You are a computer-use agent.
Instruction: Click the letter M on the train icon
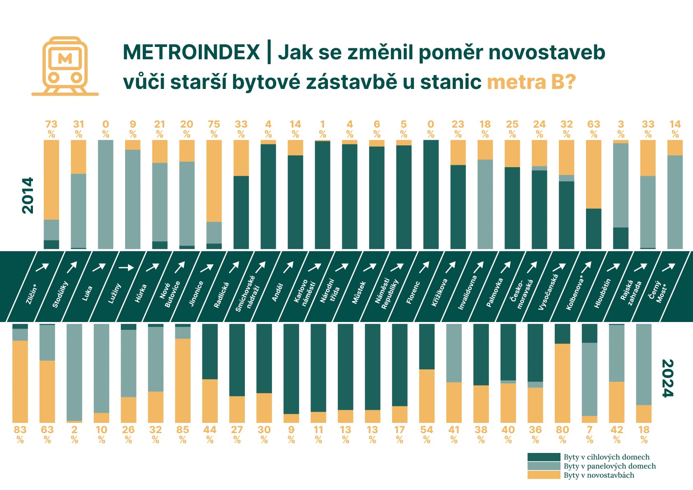(65, 58)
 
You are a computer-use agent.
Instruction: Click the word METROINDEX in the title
(191, 52)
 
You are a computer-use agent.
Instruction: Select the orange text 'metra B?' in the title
(531, 82)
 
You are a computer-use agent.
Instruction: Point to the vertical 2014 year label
(28, 195)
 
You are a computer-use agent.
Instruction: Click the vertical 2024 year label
(667, 378)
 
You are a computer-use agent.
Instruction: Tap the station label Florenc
(413, 292)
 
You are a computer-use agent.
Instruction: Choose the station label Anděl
(277, 292)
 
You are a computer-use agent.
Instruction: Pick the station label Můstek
(359, 292)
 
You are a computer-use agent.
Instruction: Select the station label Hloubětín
(602, 293)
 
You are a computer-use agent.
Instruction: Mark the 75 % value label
(214, 129)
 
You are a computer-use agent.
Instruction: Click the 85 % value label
(183, 434)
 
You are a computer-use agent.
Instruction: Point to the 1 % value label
(322, 129)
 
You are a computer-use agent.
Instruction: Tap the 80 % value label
(563, 434)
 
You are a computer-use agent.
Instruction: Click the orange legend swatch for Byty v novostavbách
(544, 475)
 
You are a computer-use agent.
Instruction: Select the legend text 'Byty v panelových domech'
(609, 466)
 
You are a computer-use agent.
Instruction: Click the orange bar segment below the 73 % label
(51, 180)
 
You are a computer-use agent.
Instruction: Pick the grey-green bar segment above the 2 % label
(74, 372)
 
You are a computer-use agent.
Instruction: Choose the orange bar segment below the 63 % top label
(594, 174)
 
